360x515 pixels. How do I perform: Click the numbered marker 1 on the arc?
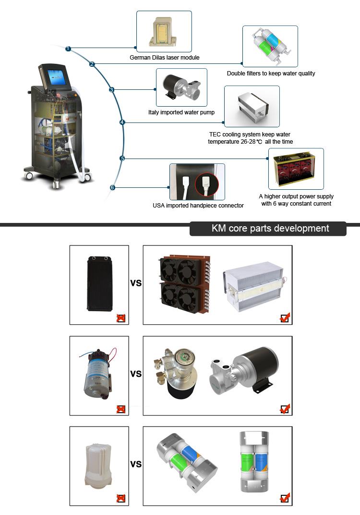coord(69,49)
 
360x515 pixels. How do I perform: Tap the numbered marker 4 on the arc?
coord(122,123)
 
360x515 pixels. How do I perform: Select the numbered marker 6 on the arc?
coord(112,187)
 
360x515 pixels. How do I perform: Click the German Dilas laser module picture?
coord(164,31)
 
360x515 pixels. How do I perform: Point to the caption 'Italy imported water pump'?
coord(181,113)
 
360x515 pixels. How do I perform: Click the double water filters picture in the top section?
coord(270,46)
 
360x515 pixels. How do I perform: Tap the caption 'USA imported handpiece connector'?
coord(198,206)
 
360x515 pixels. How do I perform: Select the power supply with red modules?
coord(296,169)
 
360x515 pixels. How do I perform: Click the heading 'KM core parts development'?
coord(270,228)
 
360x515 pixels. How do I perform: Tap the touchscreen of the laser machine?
coord(57,77)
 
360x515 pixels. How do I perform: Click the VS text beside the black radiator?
coord(136,283)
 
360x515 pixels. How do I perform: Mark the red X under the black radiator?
coord(121,318)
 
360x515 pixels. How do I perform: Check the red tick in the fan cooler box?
coord(285,318)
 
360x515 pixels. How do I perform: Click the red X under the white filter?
coord(121,498)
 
